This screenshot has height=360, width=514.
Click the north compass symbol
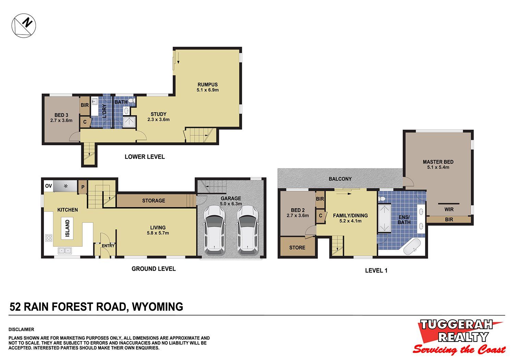point(24,25)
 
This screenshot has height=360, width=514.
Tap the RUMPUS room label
point(208,85)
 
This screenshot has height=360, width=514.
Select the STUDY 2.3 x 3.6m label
point(158,116)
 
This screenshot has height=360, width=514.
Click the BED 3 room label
point(61,115)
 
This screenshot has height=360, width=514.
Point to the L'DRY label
point(105,111)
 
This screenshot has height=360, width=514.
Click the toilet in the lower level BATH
point(132,100)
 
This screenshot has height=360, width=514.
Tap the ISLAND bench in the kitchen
point(67,228)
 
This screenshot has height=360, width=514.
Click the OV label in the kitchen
point(48,186)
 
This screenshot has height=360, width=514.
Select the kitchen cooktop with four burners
point(49,238)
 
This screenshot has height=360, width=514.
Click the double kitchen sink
point(65,250)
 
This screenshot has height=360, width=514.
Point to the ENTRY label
point(108,246)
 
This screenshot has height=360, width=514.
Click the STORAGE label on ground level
point(154,200)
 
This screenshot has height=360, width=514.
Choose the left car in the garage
point(214,230)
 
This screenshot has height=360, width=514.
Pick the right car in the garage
point(247,230)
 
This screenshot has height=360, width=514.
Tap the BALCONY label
point(340,179)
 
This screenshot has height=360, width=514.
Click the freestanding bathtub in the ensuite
point(412,247)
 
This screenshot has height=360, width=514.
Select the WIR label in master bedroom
point(449,209)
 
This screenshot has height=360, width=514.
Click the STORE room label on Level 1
point(297,248)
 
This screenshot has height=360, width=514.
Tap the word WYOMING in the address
point(157,307)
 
